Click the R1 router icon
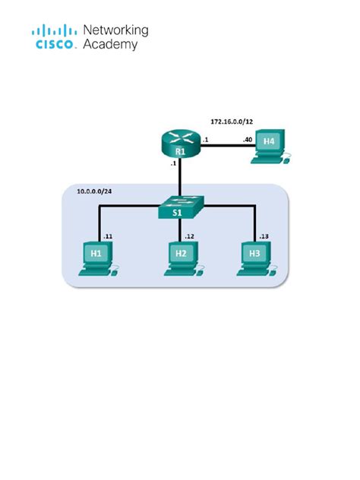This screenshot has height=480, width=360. pos(180,144)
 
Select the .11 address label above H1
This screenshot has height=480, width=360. pos(108,236)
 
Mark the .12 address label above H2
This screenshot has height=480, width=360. pos(189,236)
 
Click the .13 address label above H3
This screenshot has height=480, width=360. pos(264,236)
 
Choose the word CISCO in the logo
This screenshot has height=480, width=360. pos(55,45)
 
